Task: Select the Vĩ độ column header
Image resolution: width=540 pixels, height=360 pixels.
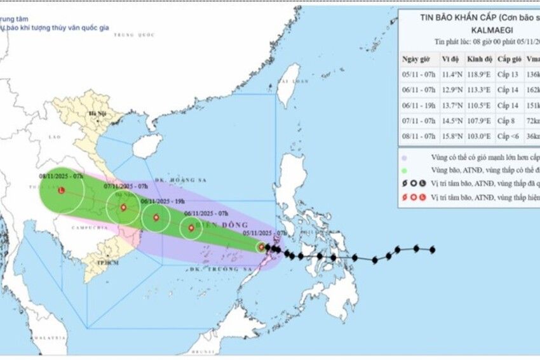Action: pyautogui.click(x=450, y=59)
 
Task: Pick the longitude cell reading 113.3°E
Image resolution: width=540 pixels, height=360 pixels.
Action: pyautogui.click(x=478, y=90)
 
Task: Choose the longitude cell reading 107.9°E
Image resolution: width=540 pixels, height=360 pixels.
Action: pyautogui.click(x=478, y=120)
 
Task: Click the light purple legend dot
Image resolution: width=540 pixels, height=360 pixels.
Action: pyautogui.click(x=405, y=157)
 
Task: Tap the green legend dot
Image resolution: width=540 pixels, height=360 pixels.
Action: pyautogui.click(x=405, y=170)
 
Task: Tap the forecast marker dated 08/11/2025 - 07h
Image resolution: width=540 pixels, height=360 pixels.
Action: pyautogui.click(x=61, y=190)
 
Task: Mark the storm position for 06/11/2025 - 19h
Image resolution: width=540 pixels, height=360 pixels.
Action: pyautogui.click(x=156, y=218)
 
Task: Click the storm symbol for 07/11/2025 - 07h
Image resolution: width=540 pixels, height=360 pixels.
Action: pyautogui.click(x=123, y=208)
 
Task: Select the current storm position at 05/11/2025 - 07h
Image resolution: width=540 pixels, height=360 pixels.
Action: pyautogui.click(x=260, y=247)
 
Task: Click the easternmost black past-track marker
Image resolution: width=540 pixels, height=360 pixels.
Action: pyautogui.click(x=433, y=250)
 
